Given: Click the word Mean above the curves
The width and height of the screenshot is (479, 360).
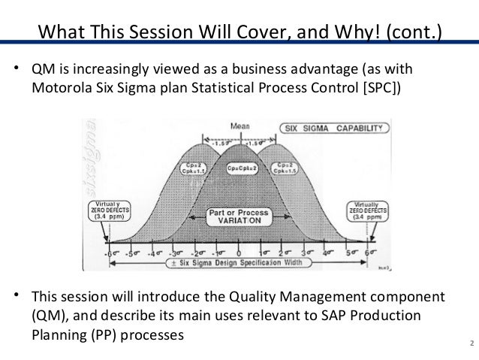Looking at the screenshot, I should (x=239, y=126).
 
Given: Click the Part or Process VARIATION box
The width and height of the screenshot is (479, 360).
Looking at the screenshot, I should (x=239, y=217).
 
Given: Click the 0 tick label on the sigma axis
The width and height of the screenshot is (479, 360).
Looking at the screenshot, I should (x=239, y=253).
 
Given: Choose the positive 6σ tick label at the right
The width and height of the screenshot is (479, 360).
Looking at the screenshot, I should (x=369, y=253).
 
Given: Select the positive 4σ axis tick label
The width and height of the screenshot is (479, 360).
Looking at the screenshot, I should (x=327, y=253).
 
